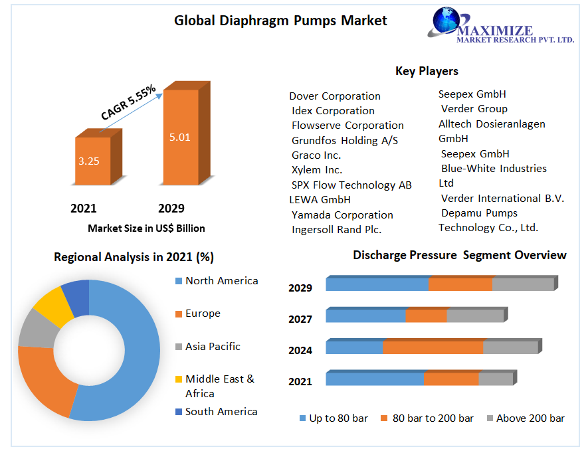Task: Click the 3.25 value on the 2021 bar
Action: point(88,161)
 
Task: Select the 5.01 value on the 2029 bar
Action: point(179,137)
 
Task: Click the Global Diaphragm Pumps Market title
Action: point(280,21)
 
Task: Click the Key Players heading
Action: point(427,71)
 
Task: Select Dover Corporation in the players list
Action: point(335,96)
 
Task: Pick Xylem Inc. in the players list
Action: point(317,170)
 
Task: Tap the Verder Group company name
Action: point(474,109)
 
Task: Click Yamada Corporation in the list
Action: point(342,215)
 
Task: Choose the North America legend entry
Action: point(221,281)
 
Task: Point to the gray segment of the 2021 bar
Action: point(496,379)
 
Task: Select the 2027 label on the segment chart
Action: point(300,319)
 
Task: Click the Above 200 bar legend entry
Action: point(530,418)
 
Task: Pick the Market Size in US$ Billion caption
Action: point(146,228)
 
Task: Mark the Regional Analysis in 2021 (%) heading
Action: point(134,257)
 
